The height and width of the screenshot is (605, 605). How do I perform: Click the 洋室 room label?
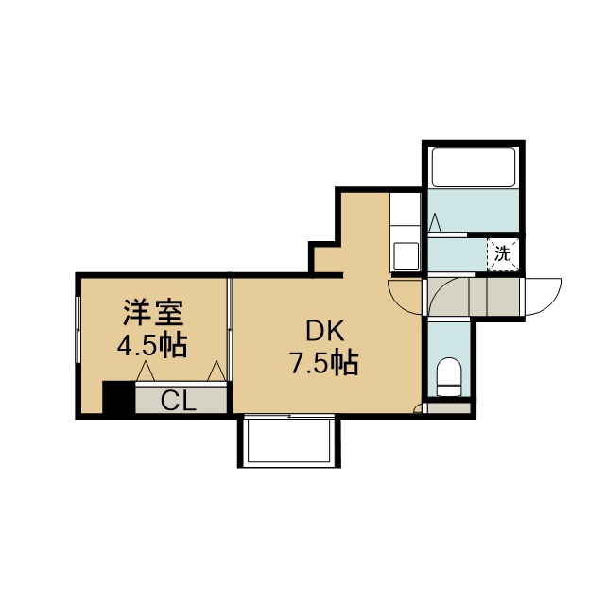pyautogui.click(x=153, y=313)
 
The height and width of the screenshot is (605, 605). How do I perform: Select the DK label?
pyautogui.click(x=325, y=332)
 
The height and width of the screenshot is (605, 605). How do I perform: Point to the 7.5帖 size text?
pyautogui.click(x=324, y=362)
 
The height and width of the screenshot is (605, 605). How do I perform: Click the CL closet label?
pyautogui.click(x=179, y=401)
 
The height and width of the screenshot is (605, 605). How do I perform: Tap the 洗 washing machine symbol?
pyautogui.click(x=502, y=254)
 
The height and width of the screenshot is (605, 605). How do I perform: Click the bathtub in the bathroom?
pyautogui.click(x=474, y=167)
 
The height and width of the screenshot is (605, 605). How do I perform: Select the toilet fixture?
pyautogui.click(x=449, y=376)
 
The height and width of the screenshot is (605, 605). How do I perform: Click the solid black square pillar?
pyautogui.click(x=118, y=397)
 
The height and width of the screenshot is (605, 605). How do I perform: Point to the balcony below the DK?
pyautogui.click(x=289, y=441)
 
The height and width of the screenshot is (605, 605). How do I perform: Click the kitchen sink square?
pyautogui.click(x=406, y=255)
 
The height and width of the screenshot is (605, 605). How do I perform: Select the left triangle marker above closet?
pyautogui.click(x=146, y=371)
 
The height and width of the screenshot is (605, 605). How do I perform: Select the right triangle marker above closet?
pyautogui.click(x=216, y=371)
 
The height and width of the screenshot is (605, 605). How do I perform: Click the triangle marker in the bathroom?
pyautogui.click(x=435, y=222)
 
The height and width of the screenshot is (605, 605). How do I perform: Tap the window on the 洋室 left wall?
pyautogui.click(x=78, y=330)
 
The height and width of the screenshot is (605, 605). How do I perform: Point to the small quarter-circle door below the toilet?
pyautogui.click(x=417, y=408)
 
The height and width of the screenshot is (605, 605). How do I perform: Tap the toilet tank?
pyautogui.click(x=450, y=390)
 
